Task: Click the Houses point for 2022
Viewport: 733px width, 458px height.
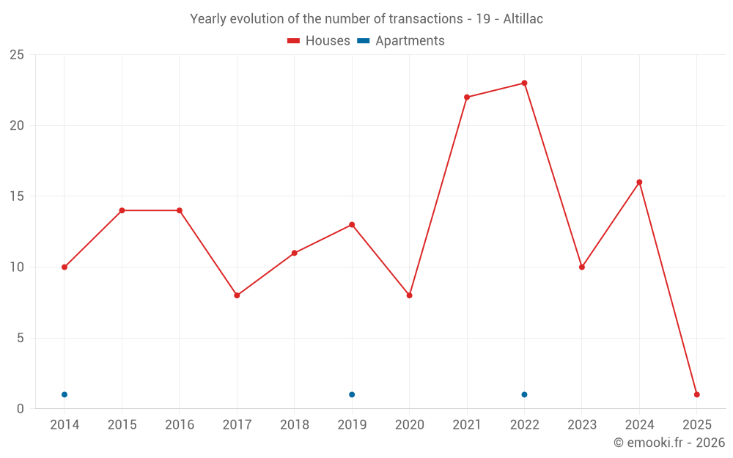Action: (524, 83)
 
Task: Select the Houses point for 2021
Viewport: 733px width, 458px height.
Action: (467, 97)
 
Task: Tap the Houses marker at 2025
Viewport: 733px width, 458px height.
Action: (696, 394)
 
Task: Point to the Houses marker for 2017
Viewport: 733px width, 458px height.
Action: (237, 295)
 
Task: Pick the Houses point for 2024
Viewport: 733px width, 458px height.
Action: (639, 182)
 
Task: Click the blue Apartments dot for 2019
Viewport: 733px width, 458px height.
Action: (352, 394)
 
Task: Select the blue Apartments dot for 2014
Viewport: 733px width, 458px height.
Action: (65, 394)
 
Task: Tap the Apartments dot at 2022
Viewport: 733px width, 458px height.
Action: (524, 394)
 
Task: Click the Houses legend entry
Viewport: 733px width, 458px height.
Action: (319, 41)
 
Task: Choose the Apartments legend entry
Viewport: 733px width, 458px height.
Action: (401, 41)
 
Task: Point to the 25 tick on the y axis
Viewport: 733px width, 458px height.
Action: (16, 55)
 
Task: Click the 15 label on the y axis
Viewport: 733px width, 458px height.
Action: (16, 196)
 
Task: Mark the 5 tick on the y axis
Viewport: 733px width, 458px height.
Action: (20, 338)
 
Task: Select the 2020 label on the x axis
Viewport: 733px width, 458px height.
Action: (409, 425)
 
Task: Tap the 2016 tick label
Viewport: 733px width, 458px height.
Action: (180, 425)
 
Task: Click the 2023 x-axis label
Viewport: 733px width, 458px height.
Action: (582, 425)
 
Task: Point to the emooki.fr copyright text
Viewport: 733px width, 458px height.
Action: (669, 443)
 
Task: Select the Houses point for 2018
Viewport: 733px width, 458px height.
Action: (294, 253)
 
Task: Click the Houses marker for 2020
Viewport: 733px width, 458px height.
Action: (409, 295)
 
